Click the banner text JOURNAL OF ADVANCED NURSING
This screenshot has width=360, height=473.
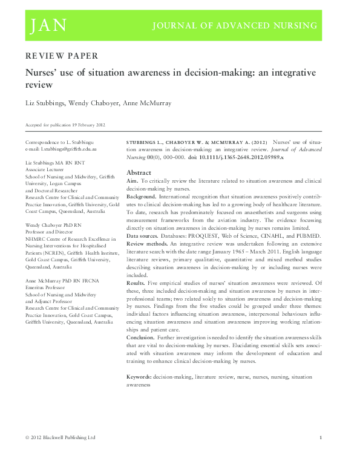[235, 25]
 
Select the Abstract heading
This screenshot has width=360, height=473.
[139, 172]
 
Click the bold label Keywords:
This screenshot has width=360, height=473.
[139, 377]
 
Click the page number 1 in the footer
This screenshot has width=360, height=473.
[320, 437]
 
